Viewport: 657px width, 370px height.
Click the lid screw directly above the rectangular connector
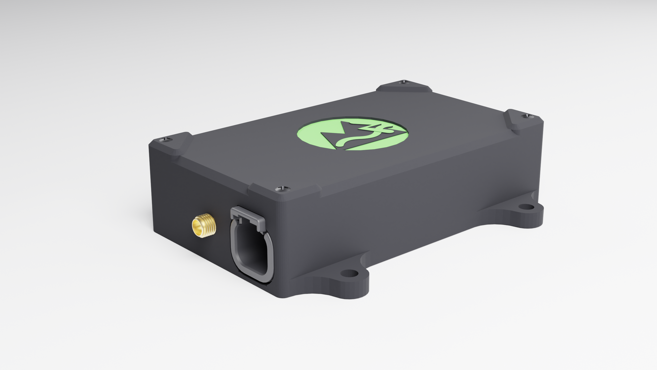(282, 189)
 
